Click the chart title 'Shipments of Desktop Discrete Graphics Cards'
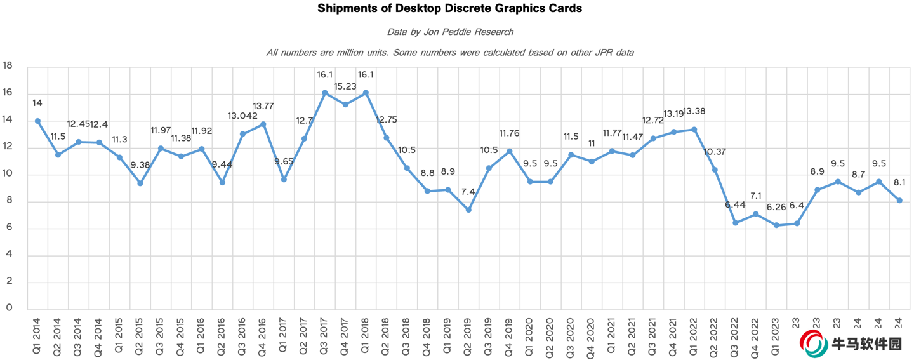[x=450, y=9]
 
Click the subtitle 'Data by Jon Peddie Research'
[x=450, y=31]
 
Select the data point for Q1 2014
[x=37, y=121]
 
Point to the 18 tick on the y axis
[x=8, y=65]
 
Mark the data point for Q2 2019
[x=468, y=210]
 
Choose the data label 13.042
[x=242, y=116]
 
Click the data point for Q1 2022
[x=694, y=130]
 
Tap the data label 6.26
[x=776, y=208]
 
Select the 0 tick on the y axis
[x=8, y=308]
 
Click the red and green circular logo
[x=812, y=343]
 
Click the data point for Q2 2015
[x=140, y=183]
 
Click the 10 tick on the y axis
[x=8, y=174]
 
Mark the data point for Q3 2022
[x=735, y=223]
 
